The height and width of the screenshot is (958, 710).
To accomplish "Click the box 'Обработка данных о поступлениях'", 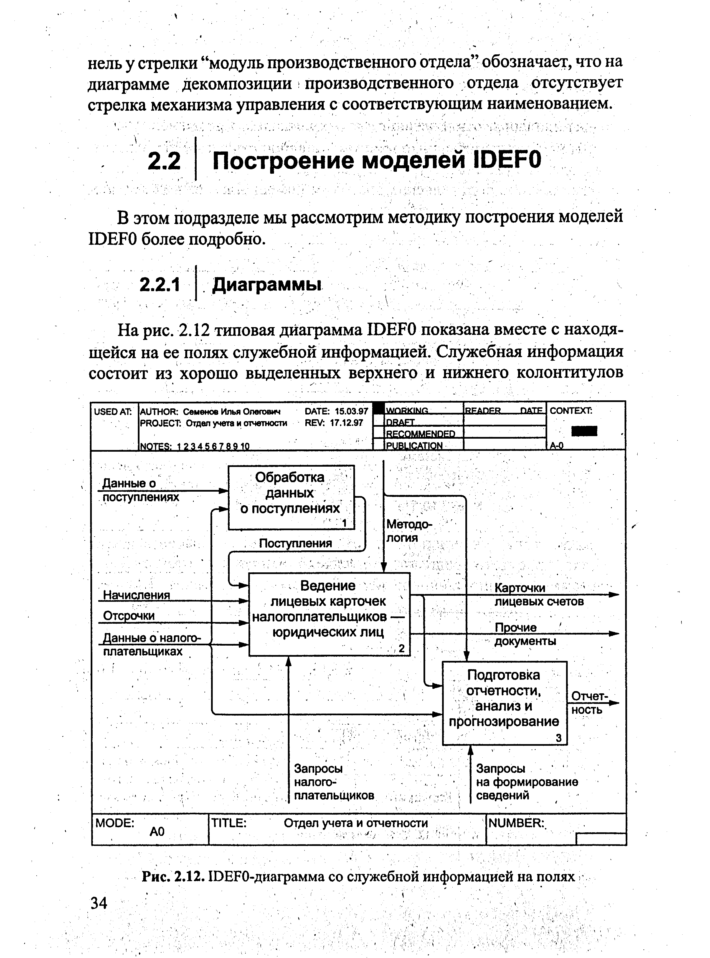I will pyautogui.click(x=291, y=497).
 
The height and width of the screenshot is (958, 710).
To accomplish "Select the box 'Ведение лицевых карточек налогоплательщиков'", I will pyautogui.click(x=329, y=614).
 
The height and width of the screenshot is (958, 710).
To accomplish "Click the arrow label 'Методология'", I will pyautogui.click(x=408, y=530).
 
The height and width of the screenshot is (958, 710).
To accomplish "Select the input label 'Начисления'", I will pyautogui.click(x=137, y=595).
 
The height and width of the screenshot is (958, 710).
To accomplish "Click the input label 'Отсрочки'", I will pyautogui.click(x=129, y=616).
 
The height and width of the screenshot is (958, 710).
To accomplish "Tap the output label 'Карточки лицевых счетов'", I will pyautogui.click(x=539, y=595).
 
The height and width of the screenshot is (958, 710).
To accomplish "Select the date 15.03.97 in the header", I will pyautogui.click(x=351, y=411).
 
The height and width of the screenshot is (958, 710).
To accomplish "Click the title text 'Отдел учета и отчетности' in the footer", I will pyautogui.click(x=356, y=823).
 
